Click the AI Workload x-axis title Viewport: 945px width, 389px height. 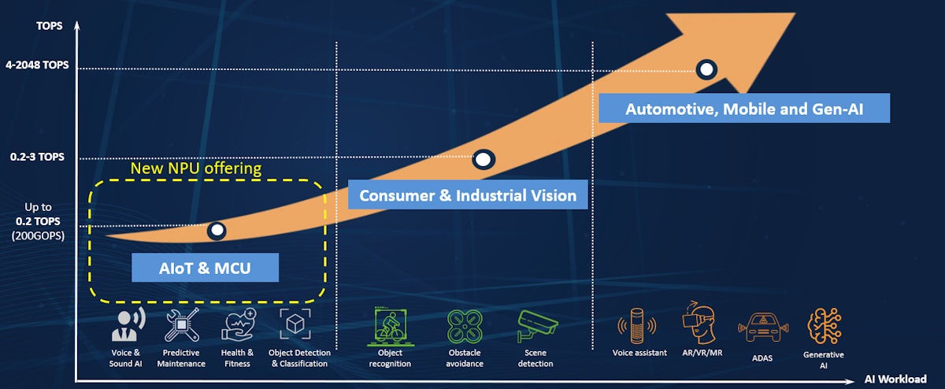click(895, 378)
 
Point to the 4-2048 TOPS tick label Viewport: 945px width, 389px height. click(36, 66)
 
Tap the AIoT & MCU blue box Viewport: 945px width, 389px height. click(206, 268)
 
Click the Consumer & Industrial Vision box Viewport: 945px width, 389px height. click(468, 195)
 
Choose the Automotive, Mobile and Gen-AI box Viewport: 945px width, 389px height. click(744, 109)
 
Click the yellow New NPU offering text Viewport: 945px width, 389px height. click(195, 169)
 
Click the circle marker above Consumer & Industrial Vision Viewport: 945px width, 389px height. click(484, 160)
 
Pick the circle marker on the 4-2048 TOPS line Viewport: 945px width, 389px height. click(706, 69)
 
